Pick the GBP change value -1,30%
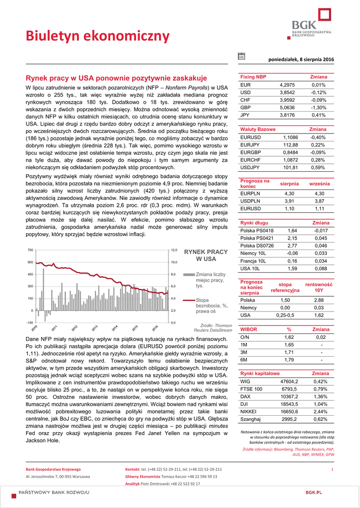coord(318,107)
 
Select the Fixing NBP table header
coord(253,77)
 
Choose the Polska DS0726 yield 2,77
coord(292,246)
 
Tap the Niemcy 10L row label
coord(253,253)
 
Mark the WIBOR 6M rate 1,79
coord(288,360)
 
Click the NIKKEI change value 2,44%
coord(321,412)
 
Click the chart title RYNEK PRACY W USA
coord(206,255)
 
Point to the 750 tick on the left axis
coord(30,250)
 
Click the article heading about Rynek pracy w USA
coord(116,78)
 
